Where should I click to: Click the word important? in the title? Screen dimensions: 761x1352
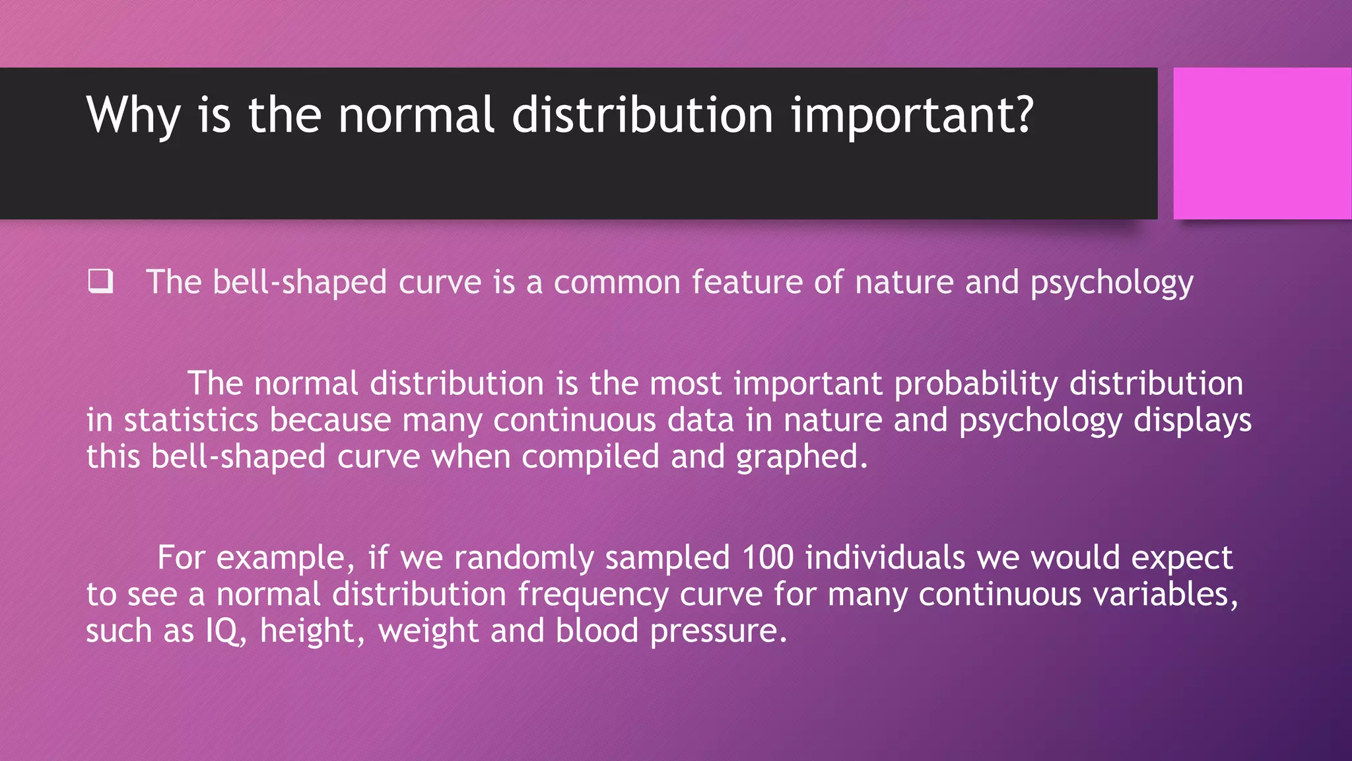[912, 116]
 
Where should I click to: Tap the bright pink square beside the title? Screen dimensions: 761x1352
[1262, 143]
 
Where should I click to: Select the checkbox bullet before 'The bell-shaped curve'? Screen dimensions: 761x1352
[100, 281]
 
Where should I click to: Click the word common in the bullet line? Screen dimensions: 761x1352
[617, 283]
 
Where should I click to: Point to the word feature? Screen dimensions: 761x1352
[747, 283]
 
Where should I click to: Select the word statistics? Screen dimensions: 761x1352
[191, 421]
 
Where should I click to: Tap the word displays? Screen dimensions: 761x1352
[1192, 421]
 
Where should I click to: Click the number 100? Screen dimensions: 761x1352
[767, 558]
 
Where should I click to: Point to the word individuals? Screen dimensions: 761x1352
[885, 558]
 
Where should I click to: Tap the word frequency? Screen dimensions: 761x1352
[593, 595]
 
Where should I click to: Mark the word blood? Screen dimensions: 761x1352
[597, 632]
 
